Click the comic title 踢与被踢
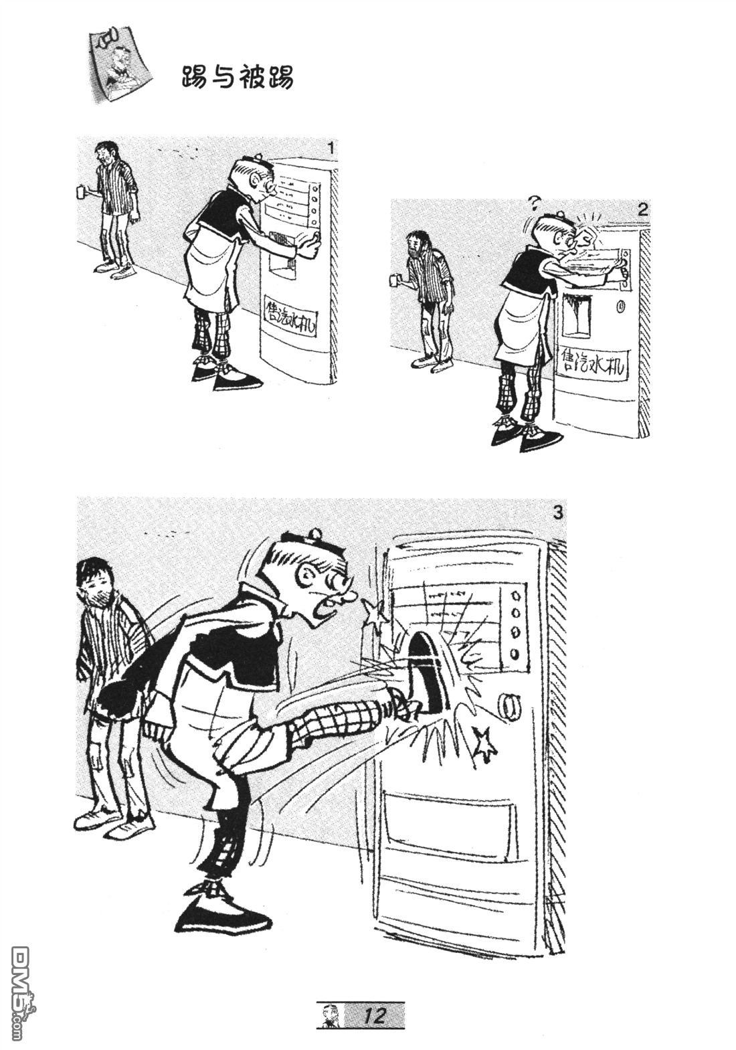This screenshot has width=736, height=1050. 238,78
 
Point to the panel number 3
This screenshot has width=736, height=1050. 557,513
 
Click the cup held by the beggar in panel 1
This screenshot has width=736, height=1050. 80,191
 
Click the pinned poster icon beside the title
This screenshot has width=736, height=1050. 119,66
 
